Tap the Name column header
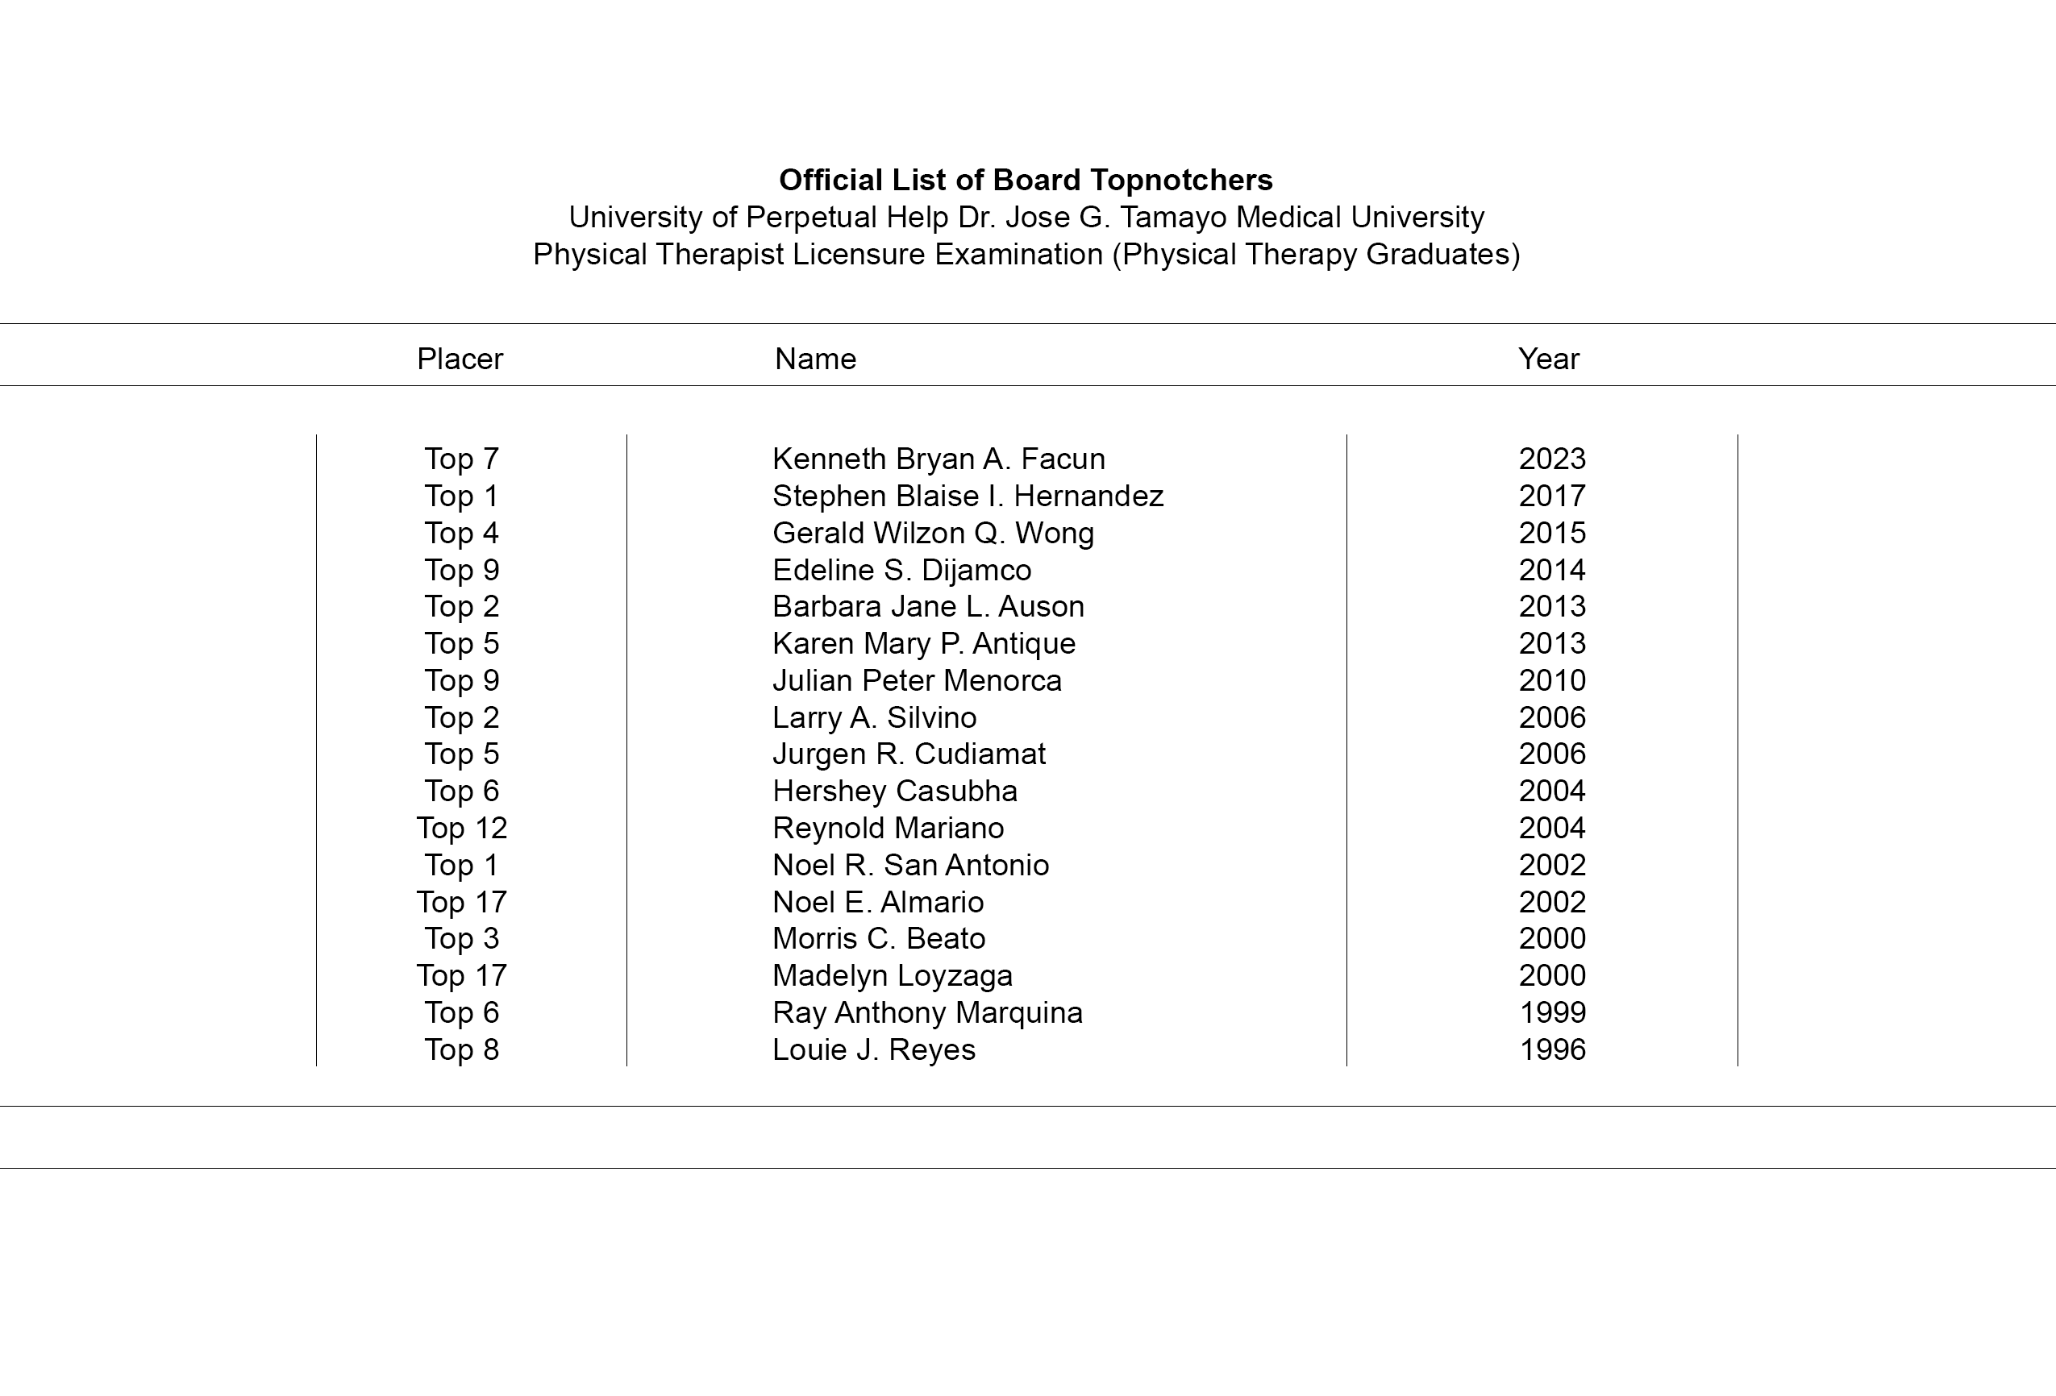(815, 359)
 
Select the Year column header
(1548, 359)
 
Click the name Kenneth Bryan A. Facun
(938, 459)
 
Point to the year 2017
(1552, 496)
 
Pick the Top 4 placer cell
(461, 533)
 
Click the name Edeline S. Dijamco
(901, 570)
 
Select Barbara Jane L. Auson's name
(927, 606)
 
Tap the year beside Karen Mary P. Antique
(1552, 643)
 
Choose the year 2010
(1552, 680)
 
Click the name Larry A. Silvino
(873, 717)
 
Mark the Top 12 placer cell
(461, 828)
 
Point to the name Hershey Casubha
(893, 791)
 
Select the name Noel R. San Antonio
(909, 865)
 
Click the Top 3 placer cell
(461, 939)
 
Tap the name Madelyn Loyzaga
(892, 976)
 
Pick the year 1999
(1552, 1013)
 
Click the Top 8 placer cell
(461, 1050)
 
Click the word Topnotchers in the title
(1181, 181)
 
